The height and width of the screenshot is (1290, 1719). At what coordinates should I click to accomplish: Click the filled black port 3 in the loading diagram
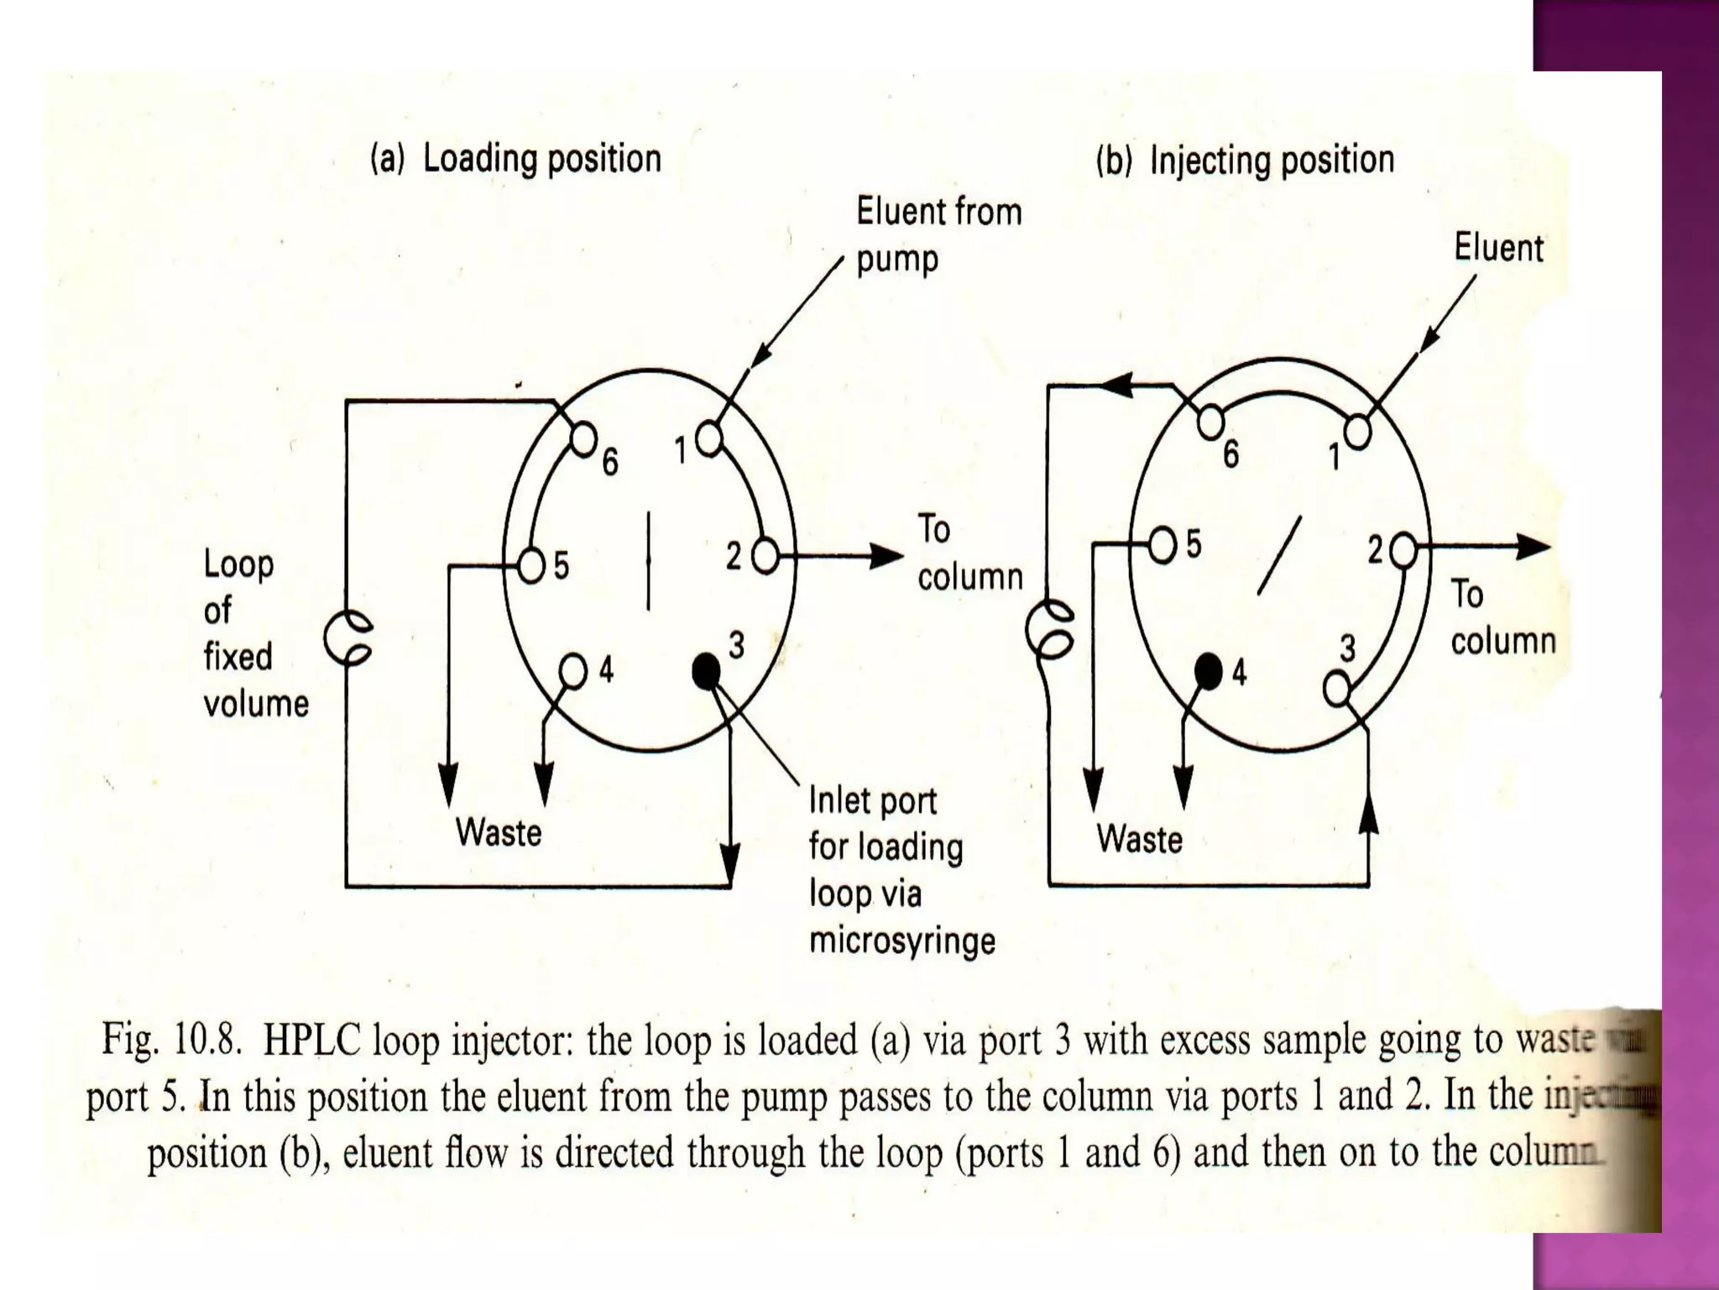pos(706,670)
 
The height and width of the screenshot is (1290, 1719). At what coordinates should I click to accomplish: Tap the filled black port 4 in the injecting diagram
pos(1209,671)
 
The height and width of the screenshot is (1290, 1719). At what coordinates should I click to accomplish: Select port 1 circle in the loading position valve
pos(709,438)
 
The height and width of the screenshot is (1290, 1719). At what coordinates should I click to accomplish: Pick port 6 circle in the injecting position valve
pos(1210,422)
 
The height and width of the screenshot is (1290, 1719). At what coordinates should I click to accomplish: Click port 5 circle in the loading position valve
pos(532,564)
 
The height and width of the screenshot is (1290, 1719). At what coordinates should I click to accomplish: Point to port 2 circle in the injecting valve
pos(1403,551)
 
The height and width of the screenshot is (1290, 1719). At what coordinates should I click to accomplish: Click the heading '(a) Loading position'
pos(515,159)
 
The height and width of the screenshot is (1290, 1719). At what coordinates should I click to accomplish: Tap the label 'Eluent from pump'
pos(938,235)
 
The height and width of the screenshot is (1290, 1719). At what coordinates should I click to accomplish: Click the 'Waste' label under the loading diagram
pos(499,833)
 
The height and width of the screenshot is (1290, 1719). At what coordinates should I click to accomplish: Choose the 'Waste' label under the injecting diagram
pos(1139,839)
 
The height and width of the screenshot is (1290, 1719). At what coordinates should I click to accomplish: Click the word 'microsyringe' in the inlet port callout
pos(902,941)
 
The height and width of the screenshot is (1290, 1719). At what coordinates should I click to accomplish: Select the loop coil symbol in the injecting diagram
pos(1050,629)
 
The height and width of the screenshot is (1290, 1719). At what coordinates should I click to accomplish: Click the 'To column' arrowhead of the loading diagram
pos(886,556)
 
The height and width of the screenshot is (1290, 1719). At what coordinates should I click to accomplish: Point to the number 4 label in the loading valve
pos(606,670)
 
